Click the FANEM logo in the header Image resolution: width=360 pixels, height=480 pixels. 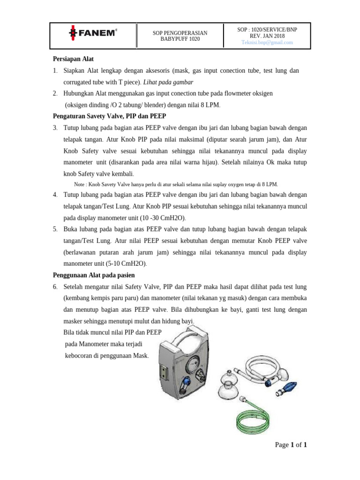(x=93, y=33)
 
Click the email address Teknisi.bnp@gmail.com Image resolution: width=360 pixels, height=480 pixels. (x=267, y=42)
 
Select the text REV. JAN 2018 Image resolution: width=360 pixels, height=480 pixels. (x=267, y=36)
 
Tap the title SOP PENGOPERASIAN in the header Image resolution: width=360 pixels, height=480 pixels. (x=180, y=32)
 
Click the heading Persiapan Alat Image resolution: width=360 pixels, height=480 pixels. (x=73, y=59)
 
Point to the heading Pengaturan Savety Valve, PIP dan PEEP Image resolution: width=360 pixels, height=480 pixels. (x=109, y=116)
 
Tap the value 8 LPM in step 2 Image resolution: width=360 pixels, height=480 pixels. (x=209, y=105)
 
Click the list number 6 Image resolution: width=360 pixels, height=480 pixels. (x=55, y=286)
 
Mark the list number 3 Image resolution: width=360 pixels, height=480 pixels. (x=55, y=127)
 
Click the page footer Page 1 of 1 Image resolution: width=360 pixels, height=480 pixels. (x=290, y=445)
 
